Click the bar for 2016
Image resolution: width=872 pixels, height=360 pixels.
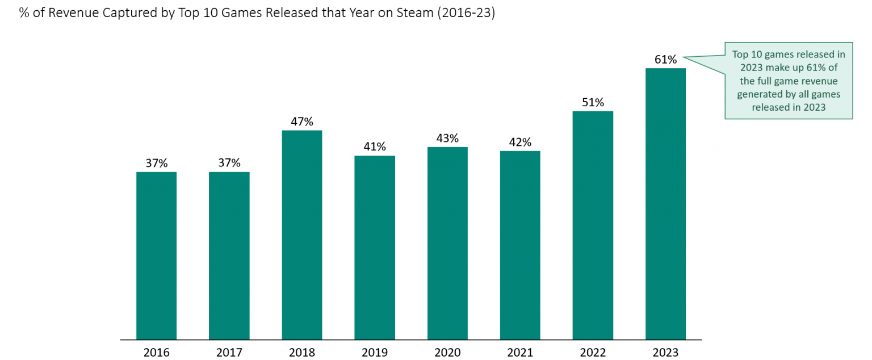click(x=156, y=256)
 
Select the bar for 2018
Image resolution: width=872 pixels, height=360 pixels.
click(x=301, y=235)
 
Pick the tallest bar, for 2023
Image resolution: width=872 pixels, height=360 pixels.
click(x=665, y=204)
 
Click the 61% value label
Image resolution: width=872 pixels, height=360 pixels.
click(x=665, y=60)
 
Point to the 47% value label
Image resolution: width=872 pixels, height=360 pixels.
click(x=301, y=122)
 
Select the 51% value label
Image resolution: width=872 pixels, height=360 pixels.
click(x=593, y=102)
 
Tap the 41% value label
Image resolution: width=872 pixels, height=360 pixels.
click(x=375, y=146)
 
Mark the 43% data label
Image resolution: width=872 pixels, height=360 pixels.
click(x=447, y=138)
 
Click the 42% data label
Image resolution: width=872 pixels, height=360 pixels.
click(x=520, y=142)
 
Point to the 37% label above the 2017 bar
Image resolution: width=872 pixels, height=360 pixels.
click(x=229, y=163)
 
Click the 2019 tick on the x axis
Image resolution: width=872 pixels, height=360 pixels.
click(x=375, y=353)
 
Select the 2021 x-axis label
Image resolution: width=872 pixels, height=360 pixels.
click(x=520, y=353)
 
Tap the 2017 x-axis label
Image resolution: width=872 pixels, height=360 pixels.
click(x=229, y=353)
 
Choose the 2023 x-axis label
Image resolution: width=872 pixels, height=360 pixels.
click(x=665, y=353)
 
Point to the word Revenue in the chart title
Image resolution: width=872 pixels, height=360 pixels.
click(x=70, y=13)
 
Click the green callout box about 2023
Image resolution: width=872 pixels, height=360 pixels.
click(x=789, y=81)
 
